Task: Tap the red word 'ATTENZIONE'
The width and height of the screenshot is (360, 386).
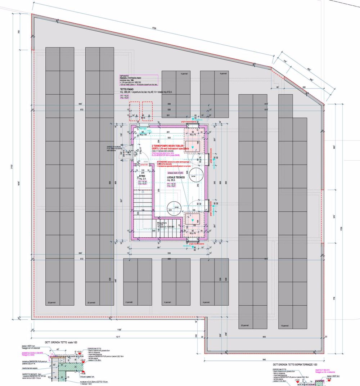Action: tap(164, 162)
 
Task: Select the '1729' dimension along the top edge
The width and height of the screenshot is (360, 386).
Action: tap(154, 28)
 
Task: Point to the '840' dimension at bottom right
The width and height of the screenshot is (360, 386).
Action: tap(265, 360)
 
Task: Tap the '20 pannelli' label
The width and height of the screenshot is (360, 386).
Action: tap(244, 326)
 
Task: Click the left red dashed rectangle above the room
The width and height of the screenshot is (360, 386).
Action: tap(135, 111)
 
